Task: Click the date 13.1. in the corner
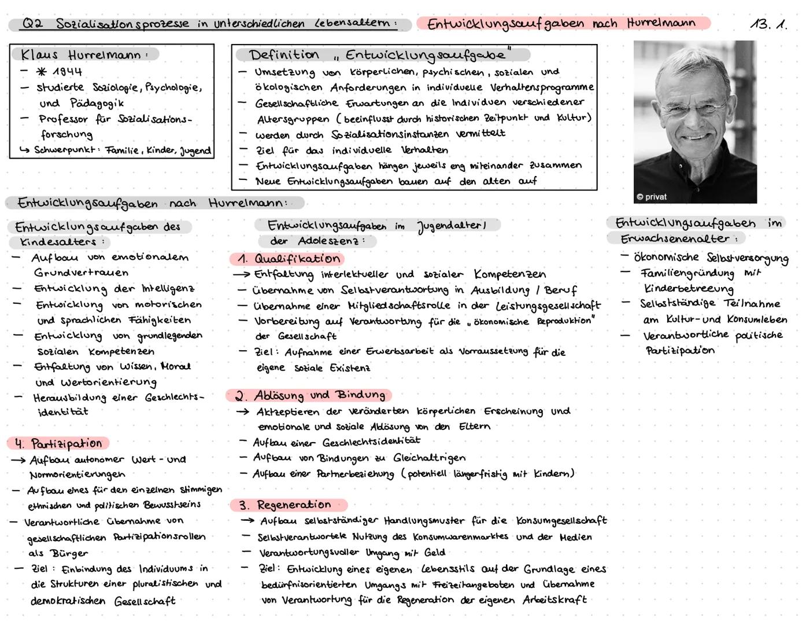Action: click(x=768, y=24)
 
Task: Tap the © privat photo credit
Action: click(x=652, y=197)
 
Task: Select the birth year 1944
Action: click(x=67, y=72)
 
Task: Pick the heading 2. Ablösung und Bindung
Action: click(x=309, y=395)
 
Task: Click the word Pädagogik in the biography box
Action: click(x=97, y=103)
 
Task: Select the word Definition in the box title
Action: click(x=284, y=55)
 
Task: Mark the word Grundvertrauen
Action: click(x=81, y=273)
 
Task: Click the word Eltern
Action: click(x=474, y=427)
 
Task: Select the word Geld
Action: click(x=435, y=553)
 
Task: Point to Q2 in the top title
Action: click(x=32, y=24)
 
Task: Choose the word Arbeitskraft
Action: click(x=554, y=600)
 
